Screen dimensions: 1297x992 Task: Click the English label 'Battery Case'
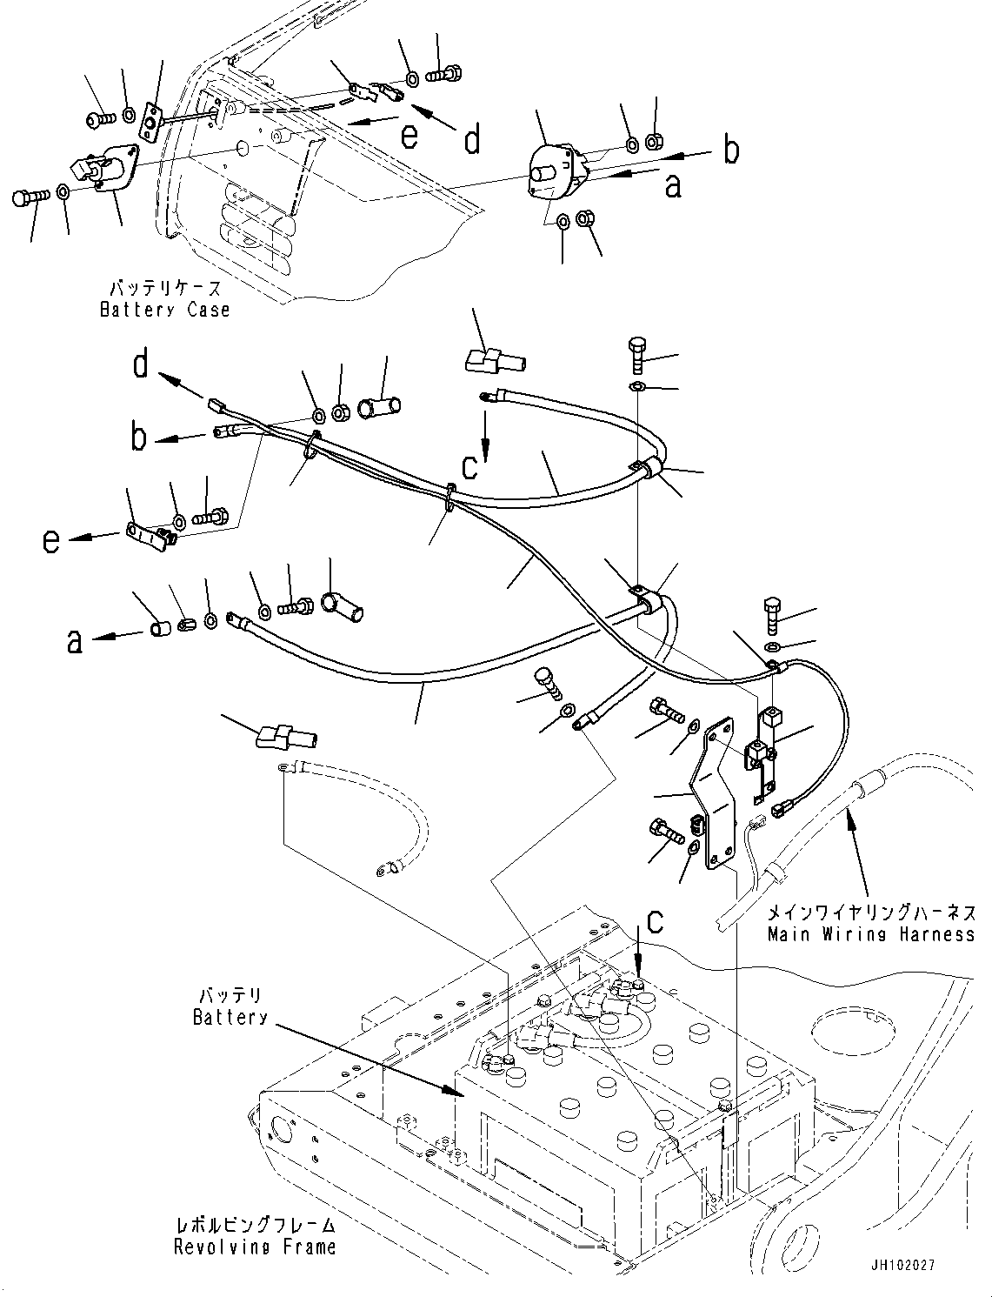[164, 310]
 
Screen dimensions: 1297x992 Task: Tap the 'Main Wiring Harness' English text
[870, 934]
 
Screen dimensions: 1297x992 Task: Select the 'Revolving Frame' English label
[254, 1247]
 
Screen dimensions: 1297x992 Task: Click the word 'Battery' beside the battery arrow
[230, 1017]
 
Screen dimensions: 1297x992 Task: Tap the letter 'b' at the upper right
[732, 150]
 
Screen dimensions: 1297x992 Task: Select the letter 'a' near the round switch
[672, 184]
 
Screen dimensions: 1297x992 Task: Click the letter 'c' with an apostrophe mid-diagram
[470, 466]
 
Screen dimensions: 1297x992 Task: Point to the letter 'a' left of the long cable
[76, 641]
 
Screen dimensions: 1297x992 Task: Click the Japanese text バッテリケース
[165, 288]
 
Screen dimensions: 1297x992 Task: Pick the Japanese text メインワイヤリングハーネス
[870, 913]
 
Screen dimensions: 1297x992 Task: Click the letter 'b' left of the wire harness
[139, 438]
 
